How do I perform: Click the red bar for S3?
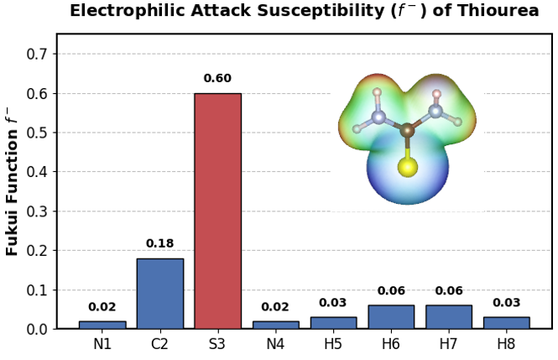218,211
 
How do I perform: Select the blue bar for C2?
160,294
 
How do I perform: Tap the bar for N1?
102,325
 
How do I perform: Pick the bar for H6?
391,316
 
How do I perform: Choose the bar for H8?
507,322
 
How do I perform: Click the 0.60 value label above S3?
217,78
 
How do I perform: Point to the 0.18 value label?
159,243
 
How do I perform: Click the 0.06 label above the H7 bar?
449,290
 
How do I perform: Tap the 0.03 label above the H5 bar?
333,302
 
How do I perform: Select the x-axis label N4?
275,344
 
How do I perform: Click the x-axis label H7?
448,344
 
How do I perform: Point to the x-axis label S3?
217,344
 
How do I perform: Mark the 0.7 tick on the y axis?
37,54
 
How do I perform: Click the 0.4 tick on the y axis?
37,172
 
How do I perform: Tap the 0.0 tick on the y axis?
37,329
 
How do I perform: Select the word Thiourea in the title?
498,11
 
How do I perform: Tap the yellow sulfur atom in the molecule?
408,167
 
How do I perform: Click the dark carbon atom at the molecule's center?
407,131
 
